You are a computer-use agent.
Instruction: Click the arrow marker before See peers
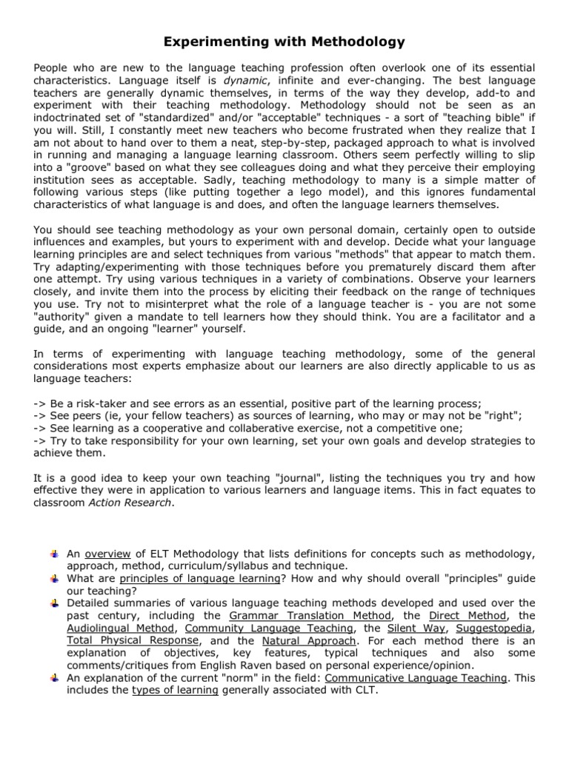click(41, 416)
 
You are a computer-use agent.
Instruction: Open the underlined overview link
click(107, 554)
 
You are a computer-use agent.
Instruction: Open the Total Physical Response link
click(133, 640)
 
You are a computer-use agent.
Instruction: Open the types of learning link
click(175, 691)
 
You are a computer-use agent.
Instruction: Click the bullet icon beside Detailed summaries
click(55, 603)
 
